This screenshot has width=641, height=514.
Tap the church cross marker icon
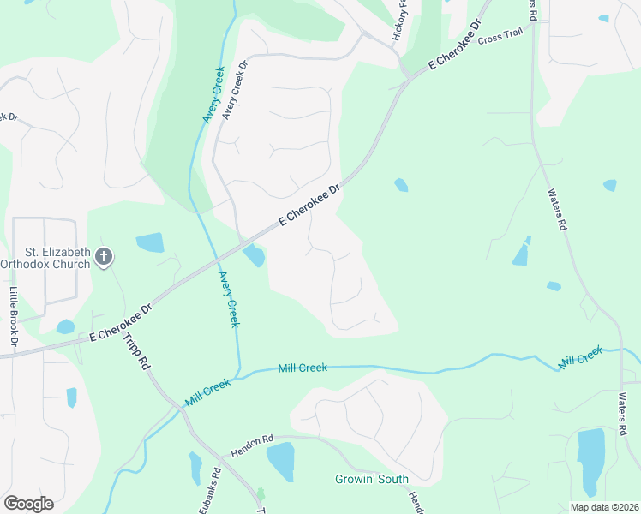point(104,256)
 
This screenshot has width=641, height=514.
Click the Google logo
point(27,503)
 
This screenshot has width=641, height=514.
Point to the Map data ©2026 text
point(603,506)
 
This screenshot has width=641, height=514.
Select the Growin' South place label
point(371,479)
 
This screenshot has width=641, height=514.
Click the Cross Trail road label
point(500,39)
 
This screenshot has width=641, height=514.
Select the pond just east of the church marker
point(150,242)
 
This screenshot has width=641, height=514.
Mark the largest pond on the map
point(590,463)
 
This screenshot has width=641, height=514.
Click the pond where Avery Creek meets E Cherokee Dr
point(254,255)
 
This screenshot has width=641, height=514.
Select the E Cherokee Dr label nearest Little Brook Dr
point(119,323)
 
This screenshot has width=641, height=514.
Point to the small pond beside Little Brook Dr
point(64,326)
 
